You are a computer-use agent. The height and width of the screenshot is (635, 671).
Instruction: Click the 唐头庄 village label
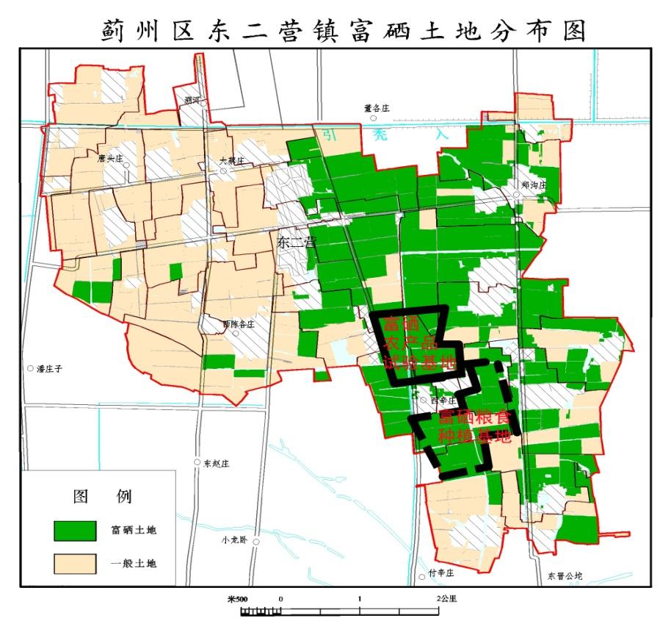tap(108, 157)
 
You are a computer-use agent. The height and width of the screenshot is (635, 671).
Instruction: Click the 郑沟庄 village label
tap(534, 186)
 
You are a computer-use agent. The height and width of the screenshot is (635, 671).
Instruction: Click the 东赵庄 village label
tap(217, 464)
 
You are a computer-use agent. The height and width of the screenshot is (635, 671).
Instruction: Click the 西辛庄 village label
tap(443, 401)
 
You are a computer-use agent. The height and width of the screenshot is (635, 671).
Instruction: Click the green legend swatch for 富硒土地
tap(75, 529)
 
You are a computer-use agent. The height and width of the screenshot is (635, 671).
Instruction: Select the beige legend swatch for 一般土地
tap(75, 563)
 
